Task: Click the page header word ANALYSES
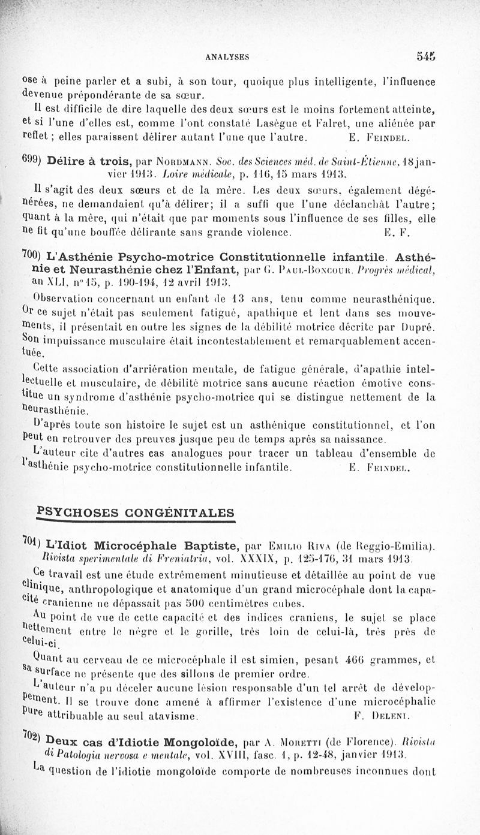(227, 57)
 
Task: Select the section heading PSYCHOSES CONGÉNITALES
(136, 513)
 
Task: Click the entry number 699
(30, 161)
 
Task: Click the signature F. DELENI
(378, 716)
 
